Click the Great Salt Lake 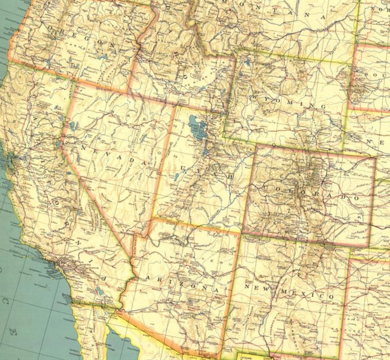(197, 129)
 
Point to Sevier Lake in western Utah (177, 177)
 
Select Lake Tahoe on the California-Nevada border (58, 143)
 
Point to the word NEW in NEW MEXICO (257, 287)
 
